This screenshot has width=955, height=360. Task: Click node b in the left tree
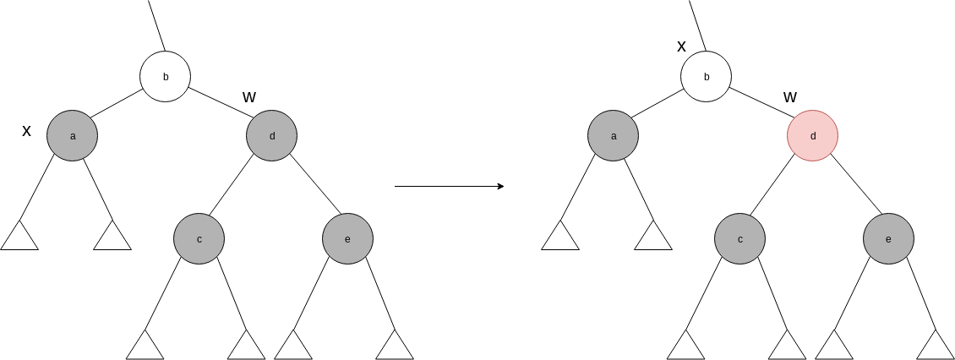point(166,77)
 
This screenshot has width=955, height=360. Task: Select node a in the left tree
point(73,135)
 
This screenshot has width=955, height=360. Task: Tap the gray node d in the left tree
point(272,135)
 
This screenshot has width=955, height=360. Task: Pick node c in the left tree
point(199,239)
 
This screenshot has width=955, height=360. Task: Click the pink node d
point(813,135)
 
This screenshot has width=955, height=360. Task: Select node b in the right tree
point(707,77)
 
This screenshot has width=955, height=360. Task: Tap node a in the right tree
point(614,135)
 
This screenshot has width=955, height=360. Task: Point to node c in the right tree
point(739,239)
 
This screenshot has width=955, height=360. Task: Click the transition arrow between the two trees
point(449,186)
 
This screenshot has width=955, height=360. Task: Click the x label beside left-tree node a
point(26,131)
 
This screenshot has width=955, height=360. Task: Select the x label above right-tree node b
point(682,46)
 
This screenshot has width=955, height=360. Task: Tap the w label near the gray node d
point(249,96)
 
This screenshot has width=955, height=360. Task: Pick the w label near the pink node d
point(790,96)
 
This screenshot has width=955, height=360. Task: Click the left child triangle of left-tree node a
point(19,237)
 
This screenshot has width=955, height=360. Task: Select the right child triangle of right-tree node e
point(936,346)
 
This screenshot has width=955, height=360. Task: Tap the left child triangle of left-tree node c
point(145,346)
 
